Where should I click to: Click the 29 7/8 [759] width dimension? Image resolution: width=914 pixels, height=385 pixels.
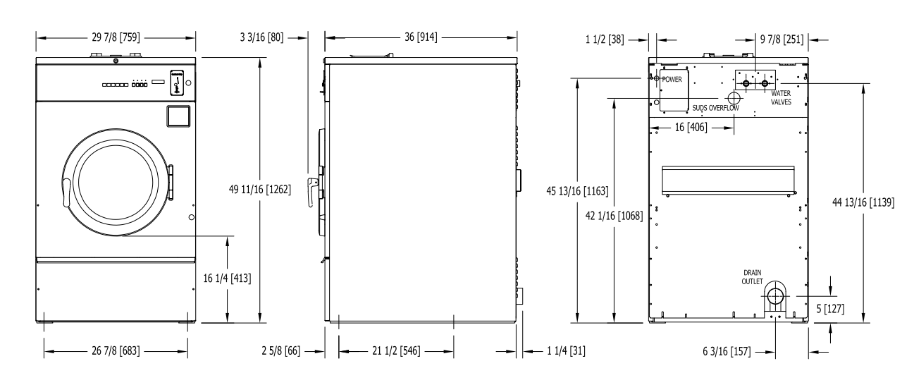(x=116, y=37)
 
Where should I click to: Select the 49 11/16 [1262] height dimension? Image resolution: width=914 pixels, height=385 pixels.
(x=260, y=190)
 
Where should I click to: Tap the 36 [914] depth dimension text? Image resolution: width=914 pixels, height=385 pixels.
(x=421, y=37)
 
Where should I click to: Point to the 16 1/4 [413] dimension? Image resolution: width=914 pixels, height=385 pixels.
(x=227, y=279)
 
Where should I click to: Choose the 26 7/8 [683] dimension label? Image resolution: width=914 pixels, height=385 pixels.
(x=116, y=350)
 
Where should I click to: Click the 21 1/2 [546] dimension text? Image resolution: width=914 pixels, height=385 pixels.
(x=396, y=350)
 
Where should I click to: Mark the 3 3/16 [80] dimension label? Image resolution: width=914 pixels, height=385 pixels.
(x=261, y=37)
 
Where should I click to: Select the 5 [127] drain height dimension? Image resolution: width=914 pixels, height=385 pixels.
(x=830, y=309)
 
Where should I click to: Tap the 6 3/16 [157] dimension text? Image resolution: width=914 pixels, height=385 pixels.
(x=727, y=352)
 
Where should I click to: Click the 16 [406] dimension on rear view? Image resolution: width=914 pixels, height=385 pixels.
(x=691, y=128)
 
